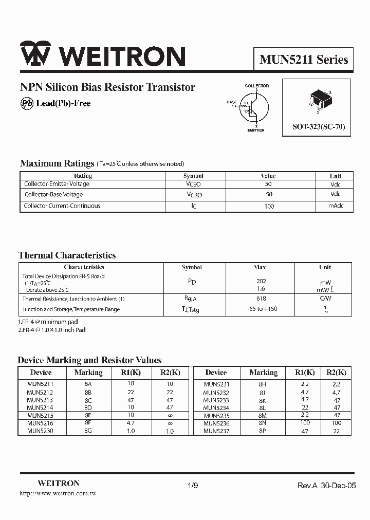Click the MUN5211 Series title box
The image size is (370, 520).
point(304,60)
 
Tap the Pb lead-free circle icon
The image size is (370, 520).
point(27,103)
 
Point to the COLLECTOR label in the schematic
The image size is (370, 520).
point(256,86)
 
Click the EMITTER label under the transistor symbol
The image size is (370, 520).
point(255,131)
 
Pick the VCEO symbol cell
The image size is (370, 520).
point(193,184)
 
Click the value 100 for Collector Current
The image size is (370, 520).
point(268,206)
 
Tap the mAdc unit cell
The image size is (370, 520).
point(336,206)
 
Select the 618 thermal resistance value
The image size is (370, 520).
point(261,299)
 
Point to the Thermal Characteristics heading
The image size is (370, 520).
point(67,255)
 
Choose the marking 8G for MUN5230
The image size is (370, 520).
point(88,431)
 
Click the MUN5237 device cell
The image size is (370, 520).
point(216,431)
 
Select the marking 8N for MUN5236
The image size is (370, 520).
point(263,423)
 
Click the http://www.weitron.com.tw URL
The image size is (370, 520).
point(58,493)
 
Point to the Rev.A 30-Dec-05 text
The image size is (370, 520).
point(326,486)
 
